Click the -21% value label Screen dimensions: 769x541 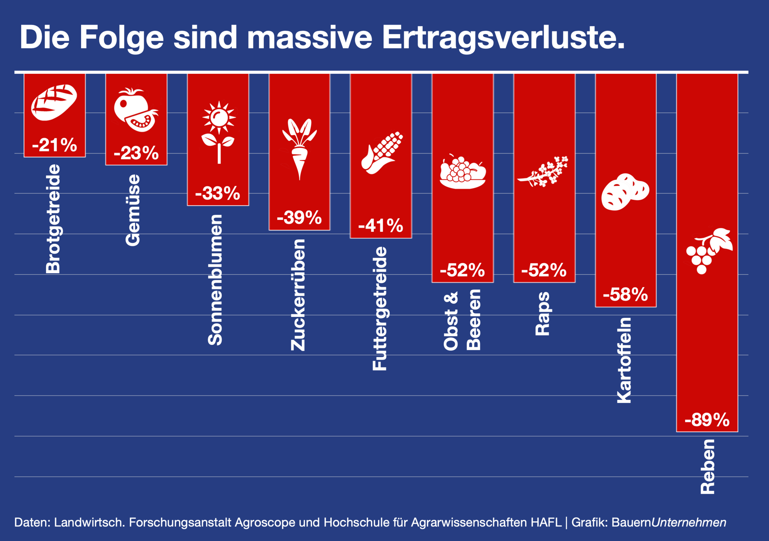(x=54, y=145)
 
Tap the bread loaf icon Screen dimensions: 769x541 (x=54, y=102)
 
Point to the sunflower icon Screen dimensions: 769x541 (x=219, y=132)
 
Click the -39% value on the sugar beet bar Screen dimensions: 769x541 (x=299, y=217)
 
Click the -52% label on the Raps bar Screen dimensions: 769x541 (x=544, y=270)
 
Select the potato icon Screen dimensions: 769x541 (x=625, y=192)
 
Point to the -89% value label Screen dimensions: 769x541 (x=707, y=420)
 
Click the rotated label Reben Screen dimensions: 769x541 (x=708, y=467)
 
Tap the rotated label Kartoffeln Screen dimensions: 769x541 (x=624, y=360)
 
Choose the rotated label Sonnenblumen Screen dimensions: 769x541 (x=215, y=280)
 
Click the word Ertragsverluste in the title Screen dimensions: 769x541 (x=503, y=38)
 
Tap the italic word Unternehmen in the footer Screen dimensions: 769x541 (x=689, y=522)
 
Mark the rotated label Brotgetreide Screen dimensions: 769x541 (x=53, y=219)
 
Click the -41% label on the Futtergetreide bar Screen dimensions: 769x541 (x=381, y=226)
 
